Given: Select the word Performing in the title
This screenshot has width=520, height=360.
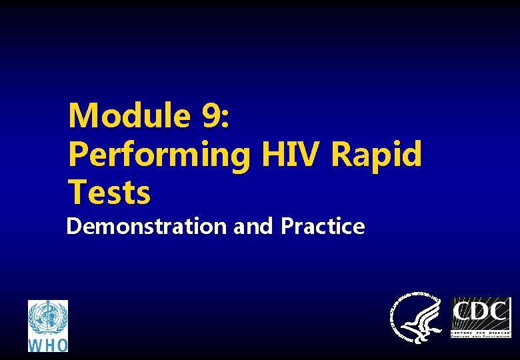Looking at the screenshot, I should tap(159, 155).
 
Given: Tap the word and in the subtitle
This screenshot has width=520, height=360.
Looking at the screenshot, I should tap(254, 227).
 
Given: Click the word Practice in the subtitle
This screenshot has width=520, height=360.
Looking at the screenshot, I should tap(323, 227).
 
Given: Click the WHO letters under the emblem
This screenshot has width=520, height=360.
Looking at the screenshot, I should tap(48, 345).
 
